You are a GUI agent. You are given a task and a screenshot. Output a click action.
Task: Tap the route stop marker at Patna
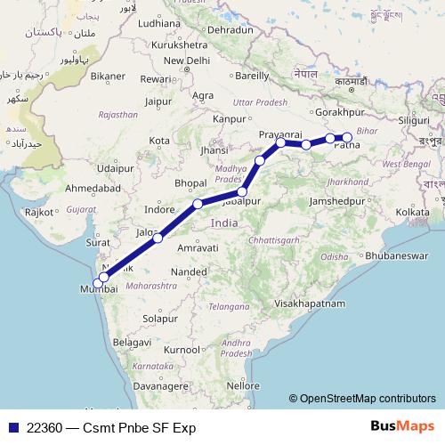pos(347,138)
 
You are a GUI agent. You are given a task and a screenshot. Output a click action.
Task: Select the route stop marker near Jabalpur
pos(242,191)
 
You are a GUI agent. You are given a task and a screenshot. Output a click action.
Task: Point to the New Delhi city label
pos(185,61)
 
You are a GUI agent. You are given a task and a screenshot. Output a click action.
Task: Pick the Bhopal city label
pos(190,182)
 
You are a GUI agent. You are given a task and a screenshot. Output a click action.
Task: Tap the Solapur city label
pos(161,318)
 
